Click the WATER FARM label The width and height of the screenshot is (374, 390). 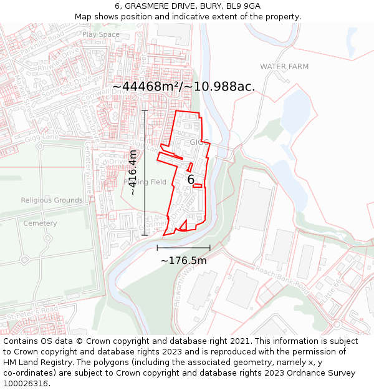coord(284,67)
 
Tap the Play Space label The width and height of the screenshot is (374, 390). coord(100,34)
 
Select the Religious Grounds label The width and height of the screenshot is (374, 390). coord(51,200)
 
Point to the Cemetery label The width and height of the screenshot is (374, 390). coord(40,223)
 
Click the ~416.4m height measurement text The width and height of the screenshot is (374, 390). coord(133,173)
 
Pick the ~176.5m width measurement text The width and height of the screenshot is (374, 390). coord(183,260)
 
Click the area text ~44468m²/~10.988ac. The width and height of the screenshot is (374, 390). coord(183,87)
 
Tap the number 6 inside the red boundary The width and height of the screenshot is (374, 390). coord(191,180)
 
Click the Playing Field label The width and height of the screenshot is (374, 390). coord(145,182)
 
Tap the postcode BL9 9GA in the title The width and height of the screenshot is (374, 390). coord(244,6)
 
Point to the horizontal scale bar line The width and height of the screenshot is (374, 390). coord(183,248)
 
